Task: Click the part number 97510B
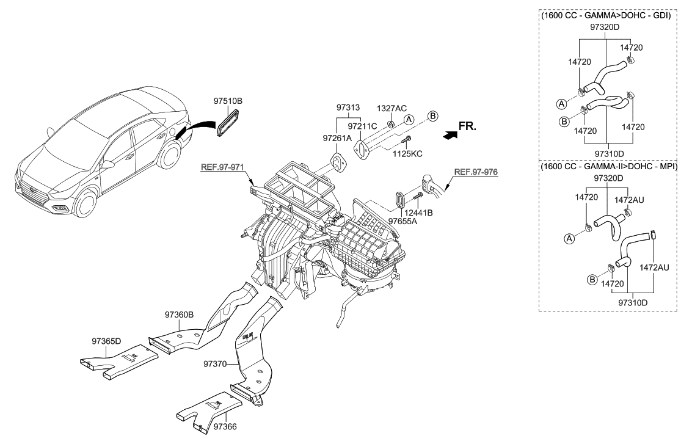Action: (x=228, y=101)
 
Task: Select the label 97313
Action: (x=349, y=107)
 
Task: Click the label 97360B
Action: (x=179, y=315)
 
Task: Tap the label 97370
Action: (x=215, y=364)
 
